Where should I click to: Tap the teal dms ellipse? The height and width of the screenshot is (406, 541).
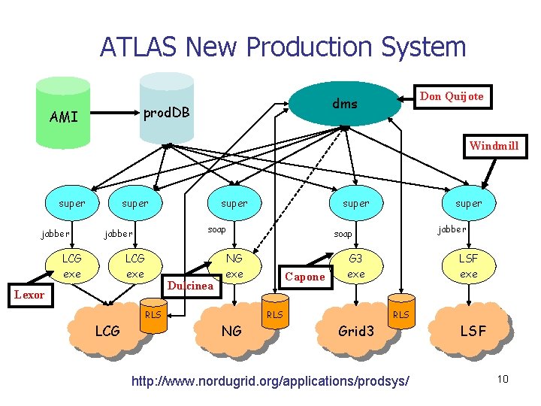click(345, 103)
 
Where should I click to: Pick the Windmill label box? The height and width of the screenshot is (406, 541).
click(493, 145)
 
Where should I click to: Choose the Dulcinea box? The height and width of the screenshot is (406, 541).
click(190, 285)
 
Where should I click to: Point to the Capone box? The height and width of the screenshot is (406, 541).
click(305, 277)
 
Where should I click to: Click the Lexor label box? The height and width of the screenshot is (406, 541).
click(29, 295)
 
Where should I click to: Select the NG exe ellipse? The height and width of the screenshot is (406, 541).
click(234, 266)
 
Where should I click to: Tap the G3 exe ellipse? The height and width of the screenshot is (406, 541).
click(356, 266)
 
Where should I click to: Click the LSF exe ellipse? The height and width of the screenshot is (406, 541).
click(468, 266)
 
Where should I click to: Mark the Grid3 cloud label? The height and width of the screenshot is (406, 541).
click(355, 330)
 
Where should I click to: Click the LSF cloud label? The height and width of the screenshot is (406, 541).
click(473, 330)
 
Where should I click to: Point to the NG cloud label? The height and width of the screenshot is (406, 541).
click(231, 330)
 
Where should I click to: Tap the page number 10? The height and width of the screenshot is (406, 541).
click(503, 378)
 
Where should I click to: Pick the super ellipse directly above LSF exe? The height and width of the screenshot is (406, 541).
click(468, 203)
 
